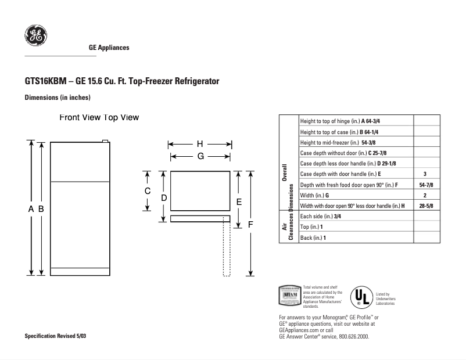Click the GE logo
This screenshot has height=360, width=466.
point(35,36)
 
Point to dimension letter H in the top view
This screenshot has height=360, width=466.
point(200,144)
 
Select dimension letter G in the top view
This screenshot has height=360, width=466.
point(200,156)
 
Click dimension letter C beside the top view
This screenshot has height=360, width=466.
point(148,191)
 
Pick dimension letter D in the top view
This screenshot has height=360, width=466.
point(164,197)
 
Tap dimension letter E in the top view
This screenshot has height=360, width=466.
point(238,201)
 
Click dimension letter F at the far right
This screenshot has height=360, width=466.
point(250,224)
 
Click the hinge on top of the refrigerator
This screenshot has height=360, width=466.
point(105,141)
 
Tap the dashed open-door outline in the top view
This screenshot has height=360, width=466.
point(227,250)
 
